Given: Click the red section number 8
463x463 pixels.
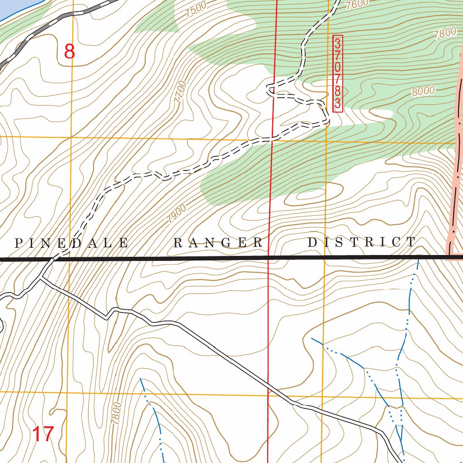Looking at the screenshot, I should pos(69,52).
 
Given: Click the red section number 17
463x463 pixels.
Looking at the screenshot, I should pos(44,435).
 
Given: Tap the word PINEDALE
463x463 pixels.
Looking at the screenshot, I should pos(71,243).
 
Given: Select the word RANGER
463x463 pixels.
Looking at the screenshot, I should pos(218,243).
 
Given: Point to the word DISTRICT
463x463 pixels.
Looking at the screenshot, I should pos(361,242).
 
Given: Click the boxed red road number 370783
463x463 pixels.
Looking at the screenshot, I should pos(337,74).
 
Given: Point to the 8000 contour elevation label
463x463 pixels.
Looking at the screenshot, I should pos(423,91).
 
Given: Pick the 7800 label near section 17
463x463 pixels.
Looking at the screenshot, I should pos(116,413).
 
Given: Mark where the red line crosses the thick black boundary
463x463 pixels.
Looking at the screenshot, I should pos(269,258).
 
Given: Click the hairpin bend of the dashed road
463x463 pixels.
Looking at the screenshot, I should pos(270,89).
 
